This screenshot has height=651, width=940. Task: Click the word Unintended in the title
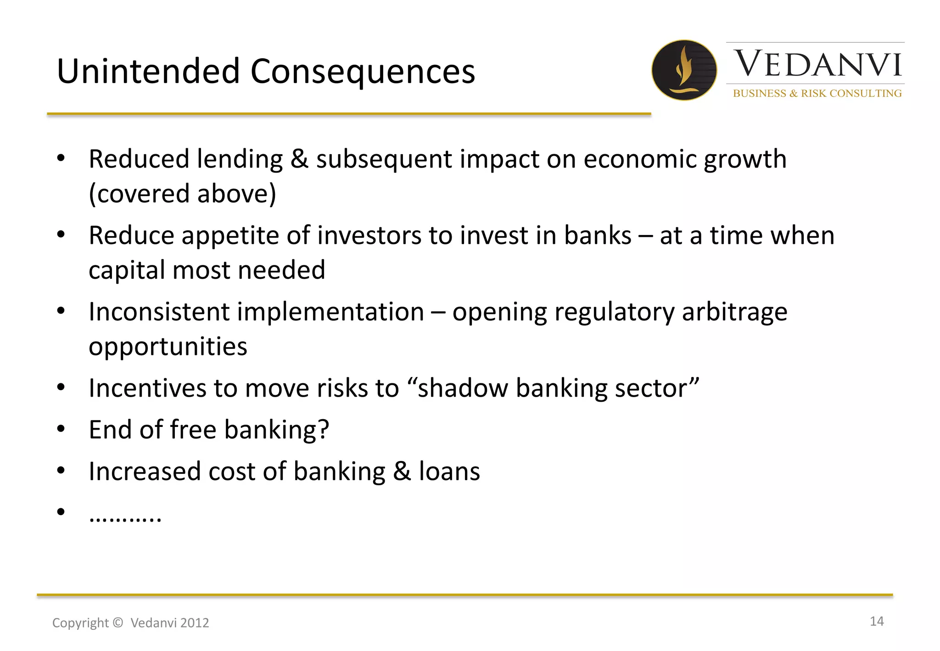click(x=148, y=72)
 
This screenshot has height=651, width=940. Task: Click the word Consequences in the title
click(x=363, y=72)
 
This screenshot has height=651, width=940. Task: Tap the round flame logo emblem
click(x=684, y=70)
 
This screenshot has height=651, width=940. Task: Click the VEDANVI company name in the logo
click(x=817, y=64)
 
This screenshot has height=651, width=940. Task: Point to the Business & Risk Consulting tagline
click(x=817, y=93)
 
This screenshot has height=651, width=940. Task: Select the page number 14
click(x=876, y=621)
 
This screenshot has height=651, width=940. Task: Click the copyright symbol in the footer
click(x=117, y=623)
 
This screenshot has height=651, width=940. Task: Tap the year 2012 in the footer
click(x=195, y=623)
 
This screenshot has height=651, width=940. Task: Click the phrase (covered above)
click(x=182, y=194)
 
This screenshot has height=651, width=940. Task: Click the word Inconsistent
click(x=159, y=312)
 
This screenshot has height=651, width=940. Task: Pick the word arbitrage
click(x=734, y=312)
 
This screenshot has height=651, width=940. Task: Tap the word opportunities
click(x=168, y=347)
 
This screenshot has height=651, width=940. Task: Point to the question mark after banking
click(x=324, y=430)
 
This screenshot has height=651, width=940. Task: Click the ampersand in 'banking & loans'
click(x=402, y=471)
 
